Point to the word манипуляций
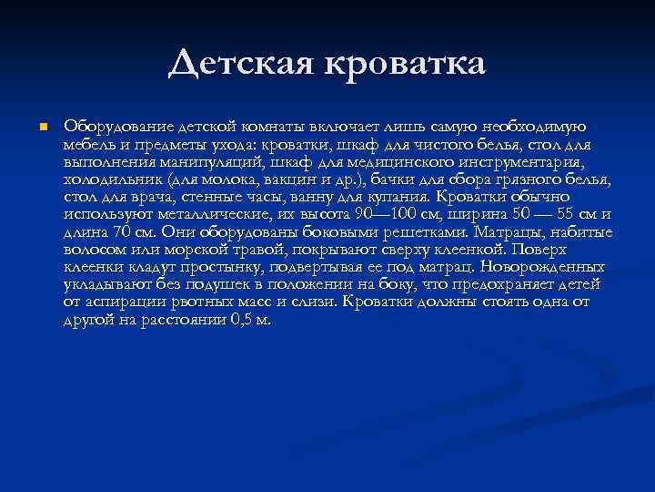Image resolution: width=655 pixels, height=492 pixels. pyautogui.click(x=194, y=161)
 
